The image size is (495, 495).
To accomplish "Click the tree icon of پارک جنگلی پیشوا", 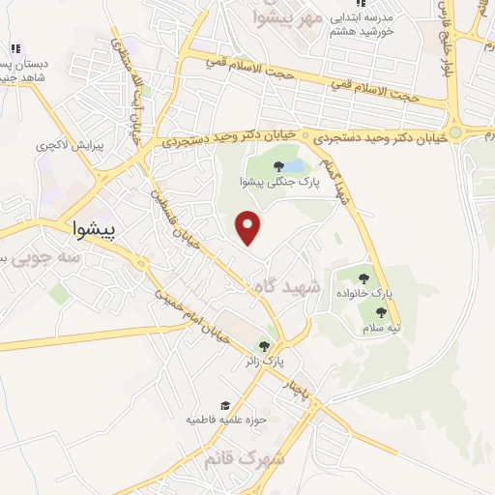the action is pyautogui.click(x=278, y=166).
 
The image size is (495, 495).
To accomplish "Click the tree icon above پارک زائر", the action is pyautogui.click(x=264, y=346).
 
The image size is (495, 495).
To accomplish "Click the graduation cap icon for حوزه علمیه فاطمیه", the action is pyautogui.click(x=224, y=406).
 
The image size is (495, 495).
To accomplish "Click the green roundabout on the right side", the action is pyautogui.click(x=455, y=132).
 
